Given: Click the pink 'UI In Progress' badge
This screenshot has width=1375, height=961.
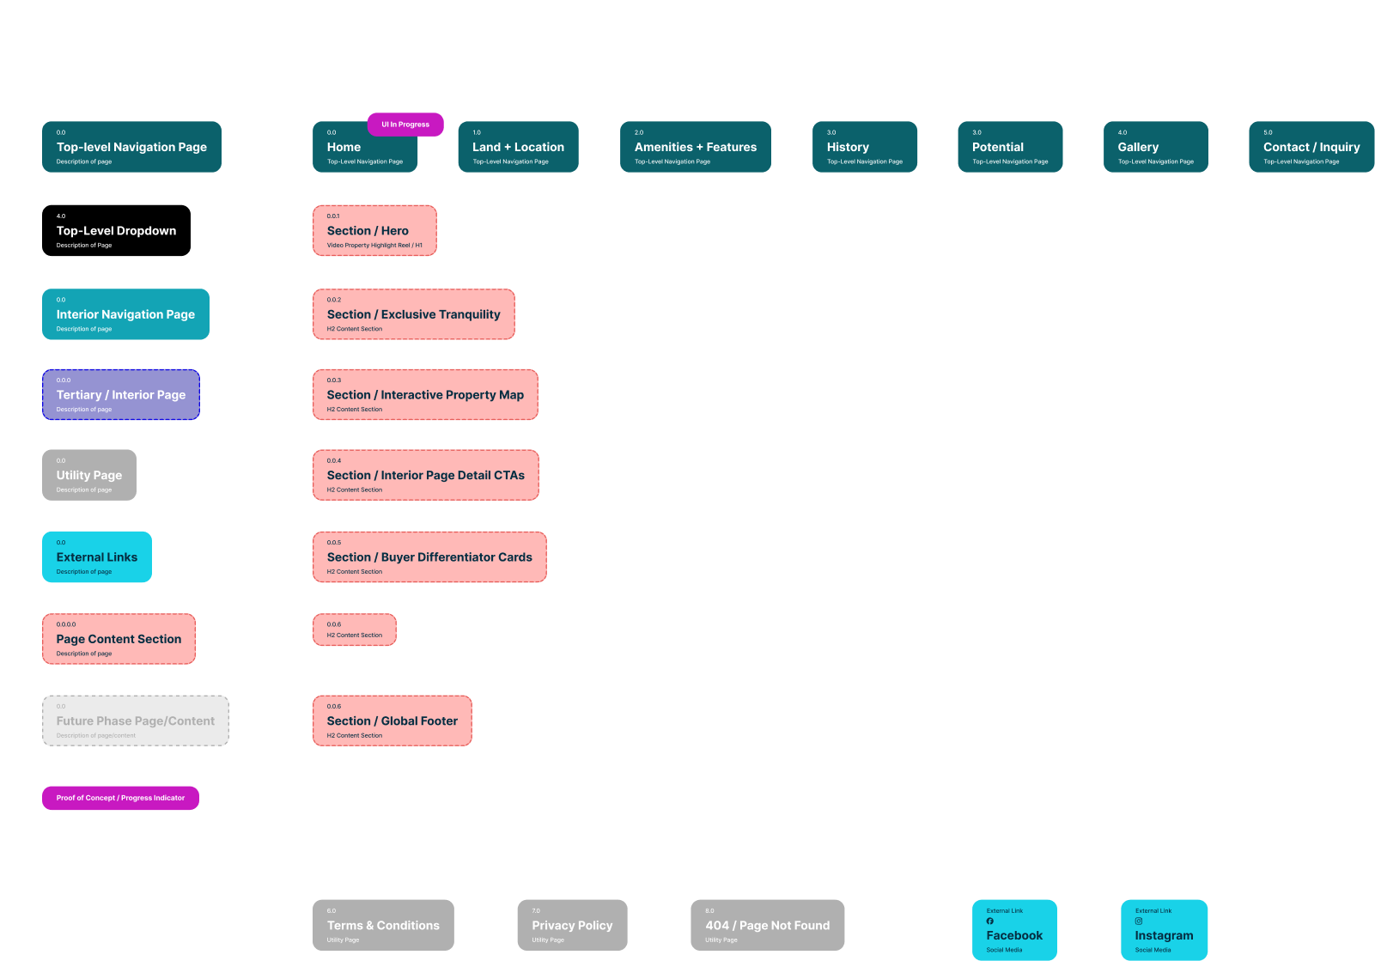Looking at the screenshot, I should pos(405,125).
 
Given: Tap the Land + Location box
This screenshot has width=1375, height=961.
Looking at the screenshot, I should pos(518,147).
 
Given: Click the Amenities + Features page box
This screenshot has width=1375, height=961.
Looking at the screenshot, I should pos(695,147).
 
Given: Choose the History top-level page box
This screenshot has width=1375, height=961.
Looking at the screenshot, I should pos(864,147).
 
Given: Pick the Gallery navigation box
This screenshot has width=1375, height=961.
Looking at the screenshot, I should pos(1155,147).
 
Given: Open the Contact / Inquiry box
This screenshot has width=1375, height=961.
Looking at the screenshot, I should pos(1311,147).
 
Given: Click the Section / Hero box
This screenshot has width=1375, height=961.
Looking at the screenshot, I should pos(374,230).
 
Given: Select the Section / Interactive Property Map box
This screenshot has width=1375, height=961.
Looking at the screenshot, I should pos(425,394).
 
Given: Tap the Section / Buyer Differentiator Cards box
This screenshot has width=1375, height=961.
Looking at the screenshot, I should pos(429,557).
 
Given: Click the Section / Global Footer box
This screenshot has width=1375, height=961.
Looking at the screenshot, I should pos(392,721).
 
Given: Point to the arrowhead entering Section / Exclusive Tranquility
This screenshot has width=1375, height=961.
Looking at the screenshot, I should pos(309,314).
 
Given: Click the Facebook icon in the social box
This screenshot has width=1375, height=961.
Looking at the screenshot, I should pos(989,921).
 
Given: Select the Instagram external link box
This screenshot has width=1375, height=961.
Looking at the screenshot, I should pos(1164,930).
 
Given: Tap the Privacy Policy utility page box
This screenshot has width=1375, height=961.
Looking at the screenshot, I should pos(572,925).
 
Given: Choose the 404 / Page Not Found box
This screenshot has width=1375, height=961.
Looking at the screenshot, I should pos(767,925).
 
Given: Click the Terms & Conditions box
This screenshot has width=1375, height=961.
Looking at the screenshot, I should pos(383,925).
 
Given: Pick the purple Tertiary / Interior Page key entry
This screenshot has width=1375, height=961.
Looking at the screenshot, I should pos(121,394).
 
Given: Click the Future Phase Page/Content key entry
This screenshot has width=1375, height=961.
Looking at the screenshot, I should pos(136,721).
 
